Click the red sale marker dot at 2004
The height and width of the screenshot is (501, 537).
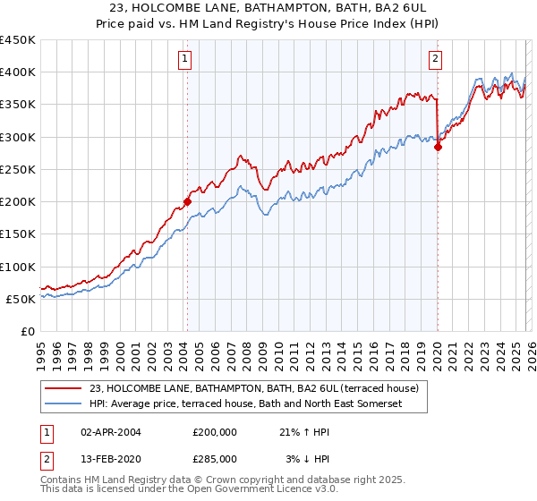click(x=187, y=201)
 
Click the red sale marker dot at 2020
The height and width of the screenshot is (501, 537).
click(x=438, y=148)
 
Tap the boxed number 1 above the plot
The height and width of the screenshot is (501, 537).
click(x=185, y=60)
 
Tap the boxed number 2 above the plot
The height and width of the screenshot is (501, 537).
click(x=436, y=60)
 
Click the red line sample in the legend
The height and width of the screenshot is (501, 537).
click(x=64, y=388)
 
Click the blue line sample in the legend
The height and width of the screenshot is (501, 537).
click(x=64, y=403)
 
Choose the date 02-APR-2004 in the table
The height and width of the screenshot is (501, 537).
click(x=111, y=431)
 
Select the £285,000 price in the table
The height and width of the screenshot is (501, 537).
click(x=215, y=458)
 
